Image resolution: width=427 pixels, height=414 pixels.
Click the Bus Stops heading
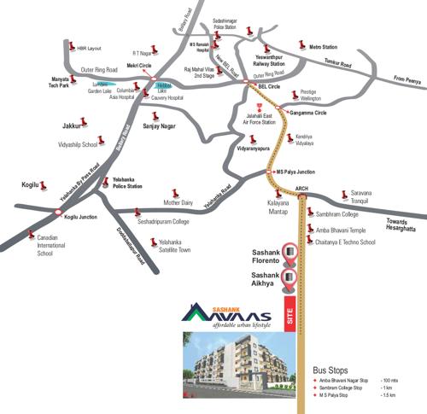pos(334,369)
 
